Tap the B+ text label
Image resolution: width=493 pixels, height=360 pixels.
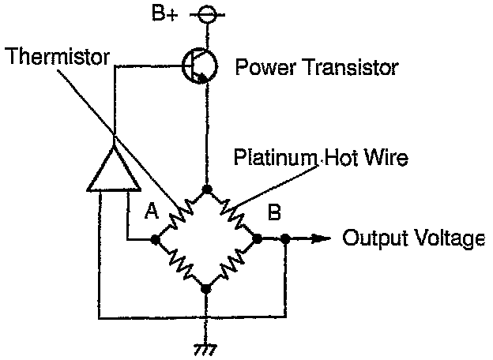[164, 13]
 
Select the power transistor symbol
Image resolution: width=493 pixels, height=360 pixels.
[197, 67]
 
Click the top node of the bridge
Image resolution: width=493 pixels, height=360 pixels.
[207, 189]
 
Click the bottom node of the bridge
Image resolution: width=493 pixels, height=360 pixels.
[207, 288]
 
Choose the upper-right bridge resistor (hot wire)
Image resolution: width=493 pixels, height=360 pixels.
[231, 212]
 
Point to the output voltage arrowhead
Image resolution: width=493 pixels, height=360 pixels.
[322, 237]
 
